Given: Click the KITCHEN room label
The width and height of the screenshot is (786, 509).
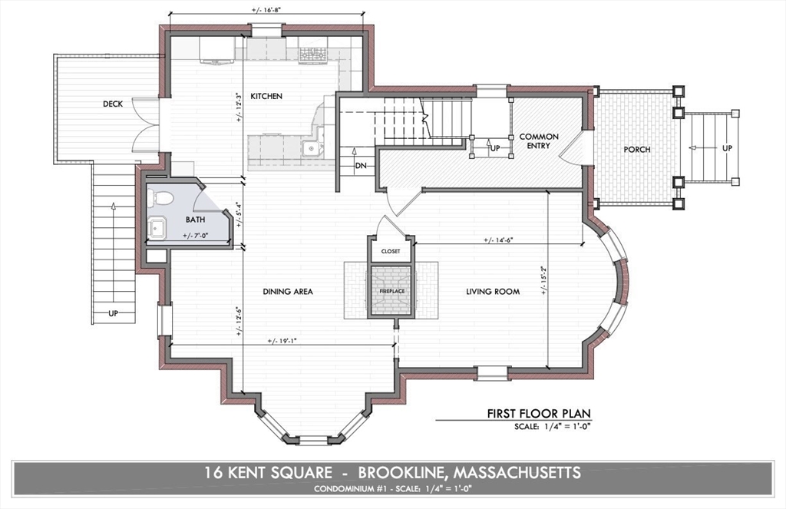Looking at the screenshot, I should point(266,97).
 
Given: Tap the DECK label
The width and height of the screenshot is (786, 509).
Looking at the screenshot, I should point(113,104).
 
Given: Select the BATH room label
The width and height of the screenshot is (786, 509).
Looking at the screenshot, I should point(196,219).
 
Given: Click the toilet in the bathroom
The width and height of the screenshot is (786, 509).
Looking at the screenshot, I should point(163,199).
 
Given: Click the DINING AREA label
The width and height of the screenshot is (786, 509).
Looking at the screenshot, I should point(288,292).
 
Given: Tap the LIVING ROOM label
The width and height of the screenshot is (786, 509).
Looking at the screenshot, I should point(493,292).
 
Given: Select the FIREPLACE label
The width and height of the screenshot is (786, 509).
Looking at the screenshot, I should point(391,292).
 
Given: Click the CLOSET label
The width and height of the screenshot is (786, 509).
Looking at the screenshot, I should point(391,251).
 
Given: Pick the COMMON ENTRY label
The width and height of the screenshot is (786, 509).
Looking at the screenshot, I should point(539,141).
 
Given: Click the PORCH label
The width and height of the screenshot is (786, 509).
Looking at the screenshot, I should point(636,149).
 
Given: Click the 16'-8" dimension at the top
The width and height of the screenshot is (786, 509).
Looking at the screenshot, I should point(266,10).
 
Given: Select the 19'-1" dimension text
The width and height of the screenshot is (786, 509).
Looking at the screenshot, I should point(282,340).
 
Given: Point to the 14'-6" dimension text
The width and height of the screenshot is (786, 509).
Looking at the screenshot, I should point(497,240).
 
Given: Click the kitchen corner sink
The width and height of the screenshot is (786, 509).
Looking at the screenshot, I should point(312,148).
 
